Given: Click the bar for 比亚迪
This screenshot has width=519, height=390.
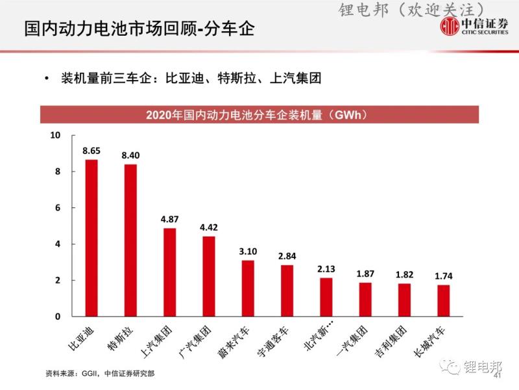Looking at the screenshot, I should click(x=91, y=238).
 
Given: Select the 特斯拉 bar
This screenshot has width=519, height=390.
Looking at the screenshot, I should click(x=130, y=240).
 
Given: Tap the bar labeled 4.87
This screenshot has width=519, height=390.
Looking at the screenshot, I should click(x=169, y=272).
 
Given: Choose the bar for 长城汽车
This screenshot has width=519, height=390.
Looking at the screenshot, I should click(x=443, y=301).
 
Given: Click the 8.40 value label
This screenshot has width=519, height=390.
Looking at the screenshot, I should click(x=130, y=155).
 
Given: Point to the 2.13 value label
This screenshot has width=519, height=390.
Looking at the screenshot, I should click(x=326, y=269).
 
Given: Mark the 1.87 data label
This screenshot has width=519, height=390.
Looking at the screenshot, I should click(x=365, y=274).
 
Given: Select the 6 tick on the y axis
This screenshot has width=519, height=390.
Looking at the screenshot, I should click(x=56, y=208).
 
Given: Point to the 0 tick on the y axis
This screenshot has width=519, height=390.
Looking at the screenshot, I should click(x=56, y=317).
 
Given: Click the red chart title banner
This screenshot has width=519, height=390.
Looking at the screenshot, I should click(x=259, y=115).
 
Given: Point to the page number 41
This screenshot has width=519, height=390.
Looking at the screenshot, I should click(x=498, y=376).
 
